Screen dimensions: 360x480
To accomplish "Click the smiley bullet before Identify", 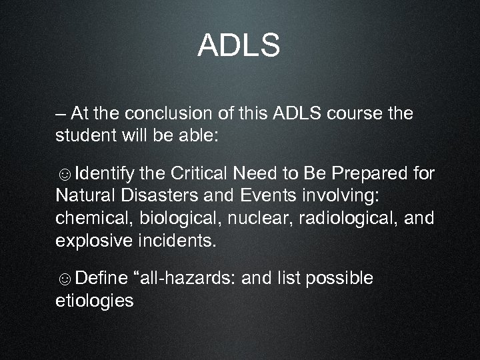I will coord(65,175).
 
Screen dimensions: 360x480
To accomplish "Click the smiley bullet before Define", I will coord(65,279).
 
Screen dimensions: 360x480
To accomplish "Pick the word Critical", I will coord(199,175).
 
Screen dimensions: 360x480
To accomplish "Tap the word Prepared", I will coord(371,175).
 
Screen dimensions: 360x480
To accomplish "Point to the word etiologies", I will coord(94,300).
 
